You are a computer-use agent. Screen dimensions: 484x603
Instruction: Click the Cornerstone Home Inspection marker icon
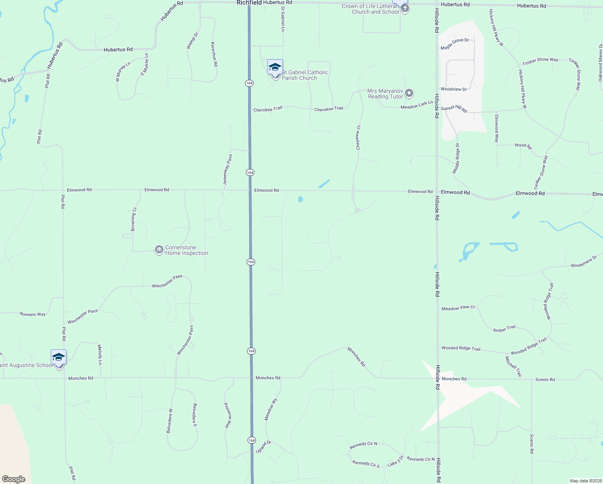coord(159,250)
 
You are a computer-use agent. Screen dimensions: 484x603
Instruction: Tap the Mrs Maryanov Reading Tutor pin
coord(409,94)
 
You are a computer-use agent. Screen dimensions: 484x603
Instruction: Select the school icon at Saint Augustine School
coord(59,357)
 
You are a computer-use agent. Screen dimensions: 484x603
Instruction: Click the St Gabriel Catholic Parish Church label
coord(305,75)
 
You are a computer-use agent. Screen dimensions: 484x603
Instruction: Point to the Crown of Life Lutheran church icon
coord(405,8)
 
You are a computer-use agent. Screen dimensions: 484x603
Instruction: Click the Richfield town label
coord(249,3)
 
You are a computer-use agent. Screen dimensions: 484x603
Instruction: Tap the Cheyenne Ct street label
coord(358,138)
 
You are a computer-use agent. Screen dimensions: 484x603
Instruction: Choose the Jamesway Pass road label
coord(228,169)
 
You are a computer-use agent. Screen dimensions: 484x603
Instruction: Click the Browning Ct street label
coord(133,219)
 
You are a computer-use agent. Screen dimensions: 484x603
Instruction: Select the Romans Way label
coord(33,314)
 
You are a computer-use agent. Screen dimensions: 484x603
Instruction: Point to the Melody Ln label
coord(100,355)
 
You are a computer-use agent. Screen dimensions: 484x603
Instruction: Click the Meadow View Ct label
coord(458,308)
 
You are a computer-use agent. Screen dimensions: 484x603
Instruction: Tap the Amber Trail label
coord(504,329)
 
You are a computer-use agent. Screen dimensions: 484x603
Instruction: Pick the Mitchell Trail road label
coord(514,366)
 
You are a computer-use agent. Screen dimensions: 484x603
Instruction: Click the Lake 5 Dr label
coord(395,461)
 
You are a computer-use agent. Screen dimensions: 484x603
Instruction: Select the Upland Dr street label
coord(264,447)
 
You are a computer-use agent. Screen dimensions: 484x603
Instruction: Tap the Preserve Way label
coord(228,415)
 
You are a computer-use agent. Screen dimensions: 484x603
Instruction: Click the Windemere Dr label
coord(584,262)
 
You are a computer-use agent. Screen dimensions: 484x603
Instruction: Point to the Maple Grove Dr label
coord(455,44)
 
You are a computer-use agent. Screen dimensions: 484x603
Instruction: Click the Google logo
coord(14,479)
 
